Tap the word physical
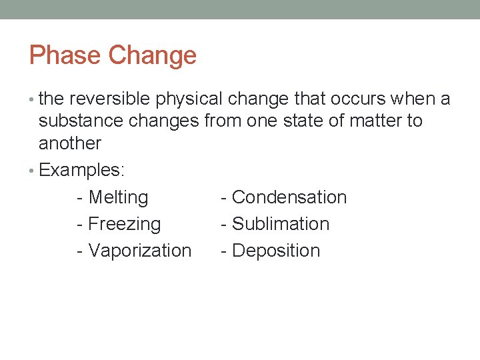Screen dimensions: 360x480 [x=189, y=100]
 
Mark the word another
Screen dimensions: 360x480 [x=70, y=143]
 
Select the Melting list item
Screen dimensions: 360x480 [x=118, y=198]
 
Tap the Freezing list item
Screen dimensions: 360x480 [x=124, y=225]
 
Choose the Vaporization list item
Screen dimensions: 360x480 [x=139, y=251]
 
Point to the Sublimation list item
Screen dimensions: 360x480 [x=281, y=224]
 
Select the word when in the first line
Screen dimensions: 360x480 [x=413, y=99]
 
